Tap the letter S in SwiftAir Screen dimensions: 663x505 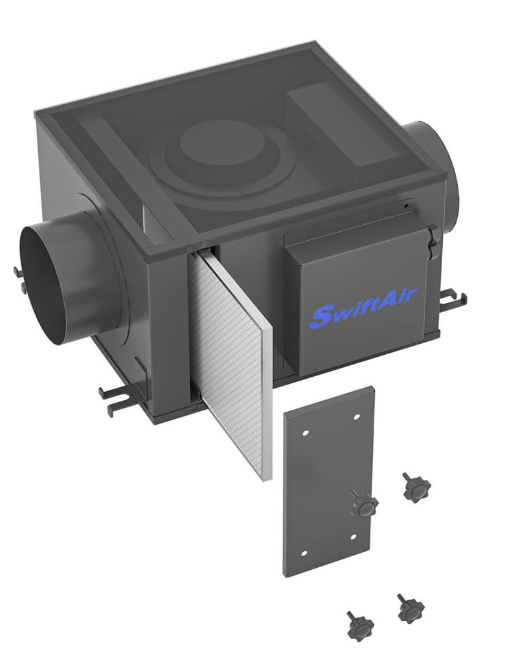click(320, 316)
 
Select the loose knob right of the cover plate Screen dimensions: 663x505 click(415, 488)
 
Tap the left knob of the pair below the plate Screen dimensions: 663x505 click(359, 624)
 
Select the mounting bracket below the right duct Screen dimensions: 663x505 click(453, 298)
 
